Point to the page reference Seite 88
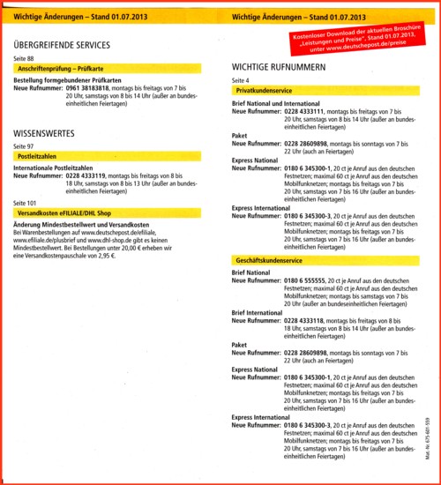(x=24, y=58)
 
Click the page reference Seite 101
(x=26, y=203)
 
